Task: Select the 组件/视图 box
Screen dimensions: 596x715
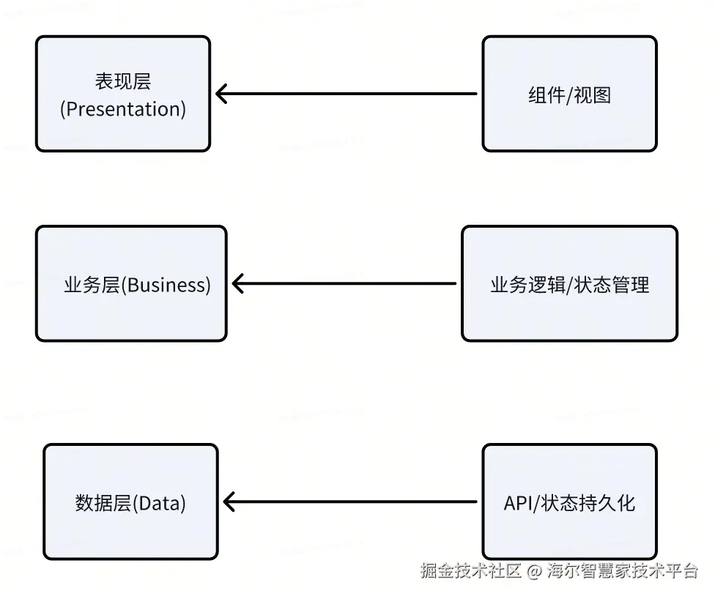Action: (569, 94)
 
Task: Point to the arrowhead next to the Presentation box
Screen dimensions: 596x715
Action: (221, 94)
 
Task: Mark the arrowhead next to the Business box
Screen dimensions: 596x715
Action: (237, 283)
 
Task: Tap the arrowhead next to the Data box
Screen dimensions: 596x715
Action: (229, 502)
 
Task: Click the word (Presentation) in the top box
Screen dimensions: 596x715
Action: (123, 109)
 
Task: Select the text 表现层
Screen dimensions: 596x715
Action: (123, 81)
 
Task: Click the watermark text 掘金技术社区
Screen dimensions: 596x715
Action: (470, 571)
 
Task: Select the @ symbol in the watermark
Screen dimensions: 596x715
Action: (534, 571)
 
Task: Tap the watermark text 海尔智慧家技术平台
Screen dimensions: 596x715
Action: (623, 571)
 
